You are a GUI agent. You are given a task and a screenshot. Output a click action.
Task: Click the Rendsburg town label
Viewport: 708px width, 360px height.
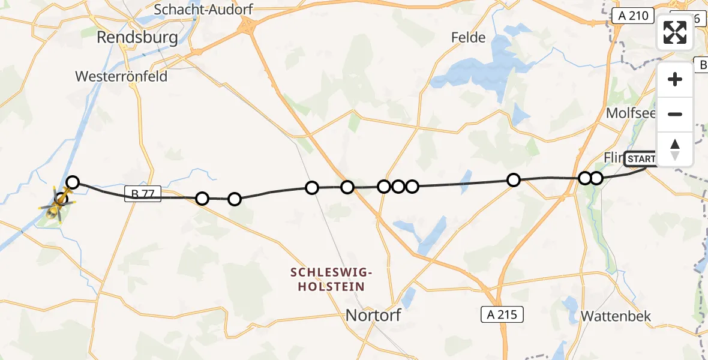coord(137,38)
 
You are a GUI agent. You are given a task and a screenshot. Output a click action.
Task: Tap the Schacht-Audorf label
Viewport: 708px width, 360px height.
coord(203,10)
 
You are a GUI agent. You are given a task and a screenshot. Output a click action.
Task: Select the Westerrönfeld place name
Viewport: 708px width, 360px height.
coord(121,76)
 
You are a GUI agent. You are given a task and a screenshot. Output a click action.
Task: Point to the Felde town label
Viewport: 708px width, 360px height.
coord(469,37)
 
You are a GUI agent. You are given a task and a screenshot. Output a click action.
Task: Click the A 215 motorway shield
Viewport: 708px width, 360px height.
coord(502,313)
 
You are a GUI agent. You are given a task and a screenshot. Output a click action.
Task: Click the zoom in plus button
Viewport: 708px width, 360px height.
coord(675,79)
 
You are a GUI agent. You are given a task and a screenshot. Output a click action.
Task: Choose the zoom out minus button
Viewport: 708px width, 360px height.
coord(675,114)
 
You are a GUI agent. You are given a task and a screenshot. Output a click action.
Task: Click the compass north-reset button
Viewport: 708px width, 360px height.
coord(675,149)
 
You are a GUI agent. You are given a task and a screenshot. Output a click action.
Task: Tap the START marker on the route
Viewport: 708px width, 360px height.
coord(641,159)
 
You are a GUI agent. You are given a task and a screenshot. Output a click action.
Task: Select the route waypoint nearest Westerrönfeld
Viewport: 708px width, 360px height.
coord(73,182)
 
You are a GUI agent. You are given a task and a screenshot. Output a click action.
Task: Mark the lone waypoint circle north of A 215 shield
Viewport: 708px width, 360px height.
coord(513,180)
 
